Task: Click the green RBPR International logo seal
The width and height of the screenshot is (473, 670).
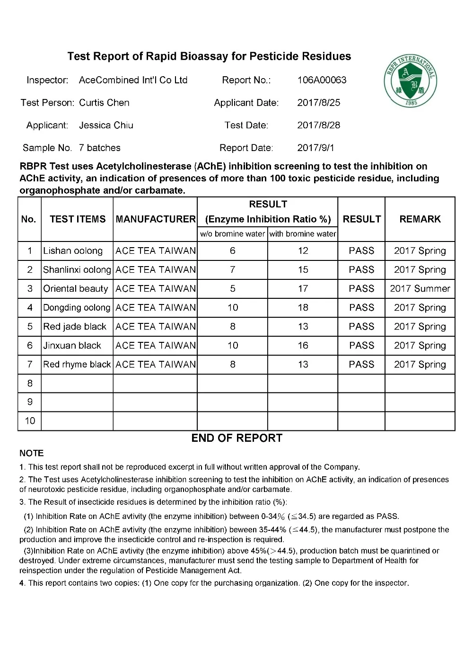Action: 410,81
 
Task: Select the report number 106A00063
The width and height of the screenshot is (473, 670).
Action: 322,80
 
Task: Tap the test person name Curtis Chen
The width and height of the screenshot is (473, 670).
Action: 104,103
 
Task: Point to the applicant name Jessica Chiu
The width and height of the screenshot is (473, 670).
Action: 106,125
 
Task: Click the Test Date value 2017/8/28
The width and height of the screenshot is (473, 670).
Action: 318,125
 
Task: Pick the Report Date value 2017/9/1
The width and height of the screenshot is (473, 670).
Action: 315,148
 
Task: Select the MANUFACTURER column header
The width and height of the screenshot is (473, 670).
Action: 155,219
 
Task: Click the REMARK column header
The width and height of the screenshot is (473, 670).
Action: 420,219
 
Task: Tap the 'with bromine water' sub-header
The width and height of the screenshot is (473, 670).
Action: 303,234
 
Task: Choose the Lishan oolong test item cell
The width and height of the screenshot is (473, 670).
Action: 73,251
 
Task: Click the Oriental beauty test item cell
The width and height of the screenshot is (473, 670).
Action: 76,289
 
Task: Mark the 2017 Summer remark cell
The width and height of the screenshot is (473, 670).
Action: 420,289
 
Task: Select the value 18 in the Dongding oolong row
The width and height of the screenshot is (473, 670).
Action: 303,308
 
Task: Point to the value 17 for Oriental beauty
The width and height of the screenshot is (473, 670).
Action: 303,289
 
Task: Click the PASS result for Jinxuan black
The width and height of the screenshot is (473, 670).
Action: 361,346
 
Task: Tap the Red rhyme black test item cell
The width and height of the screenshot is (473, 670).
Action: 77,365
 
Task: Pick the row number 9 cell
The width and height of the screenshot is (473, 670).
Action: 30,402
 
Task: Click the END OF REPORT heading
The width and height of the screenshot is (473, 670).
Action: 236,438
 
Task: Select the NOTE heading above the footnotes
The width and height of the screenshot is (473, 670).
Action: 32,453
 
